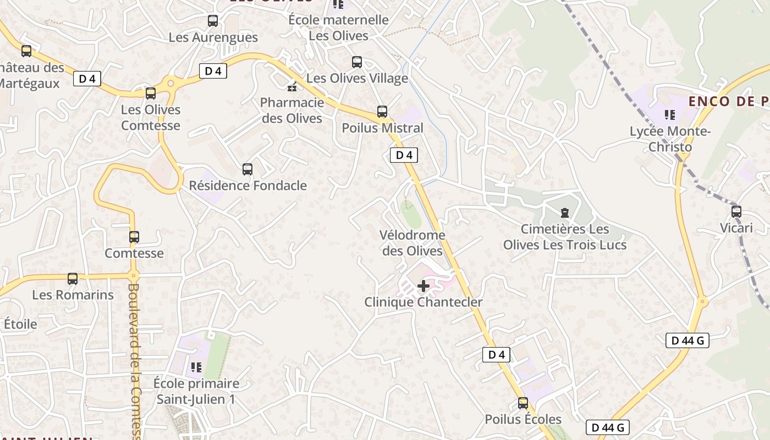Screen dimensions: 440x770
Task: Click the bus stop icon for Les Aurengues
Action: (213, 21)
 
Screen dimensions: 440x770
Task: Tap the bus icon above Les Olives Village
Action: (357, 62)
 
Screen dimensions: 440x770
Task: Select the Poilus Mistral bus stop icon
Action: (382, 112)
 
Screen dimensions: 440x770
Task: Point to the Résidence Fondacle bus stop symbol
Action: (248, 169)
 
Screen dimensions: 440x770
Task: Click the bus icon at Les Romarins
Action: (73, 279)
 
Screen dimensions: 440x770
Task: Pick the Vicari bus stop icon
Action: (736, 212)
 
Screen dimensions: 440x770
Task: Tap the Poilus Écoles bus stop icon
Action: (523, 403)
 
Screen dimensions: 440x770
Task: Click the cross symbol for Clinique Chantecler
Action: (424, 286)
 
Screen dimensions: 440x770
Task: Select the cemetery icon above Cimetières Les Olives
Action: (564, 213)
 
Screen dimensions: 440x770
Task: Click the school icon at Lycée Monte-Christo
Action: (670, 115)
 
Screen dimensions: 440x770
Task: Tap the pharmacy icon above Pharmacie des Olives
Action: (292, 86)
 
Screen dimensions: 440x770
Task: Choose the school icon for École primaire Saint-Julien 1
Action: (196, 367)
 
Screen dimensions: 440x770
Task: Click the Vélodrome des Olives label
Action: (412, 243)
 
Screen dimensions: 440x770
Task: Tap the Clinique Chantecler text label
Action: (424, 302)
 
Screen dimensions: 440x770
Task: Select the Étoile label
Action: (21, 324)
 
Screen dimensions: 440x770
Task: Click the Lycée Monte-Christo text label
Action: (670, 140)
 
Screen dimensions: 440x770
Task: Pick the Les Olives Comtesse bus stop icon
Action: (151, 94)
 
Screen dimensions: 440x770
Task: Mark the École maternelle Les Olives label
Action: (339, 28)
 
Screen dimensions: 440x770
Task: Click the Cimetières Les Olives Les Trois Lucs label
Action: (565, 237)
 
